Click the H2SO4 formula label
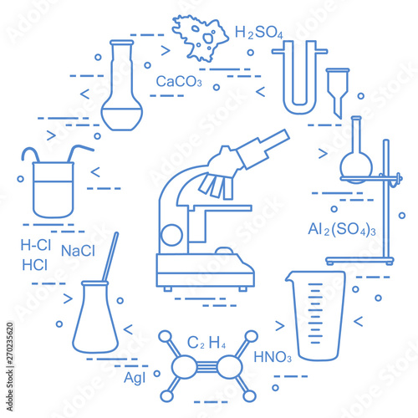[259, 33]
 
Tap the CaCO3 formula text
[179, 81]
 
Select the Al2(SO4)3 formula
[342, 230]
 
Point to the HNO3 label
[273, 357]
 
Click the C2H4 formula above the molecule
[206, 343]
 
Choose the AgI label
[135, 378]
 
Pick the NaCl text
[78, 251]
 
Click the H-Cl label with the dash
[36, 245]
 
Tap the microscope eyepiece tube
[263, 149]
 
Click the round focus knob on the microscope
[172, 235]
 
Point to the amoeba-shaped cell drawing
[200, 38]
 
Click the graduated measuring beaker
[316, 315]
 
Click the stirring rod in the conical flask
[110, 257]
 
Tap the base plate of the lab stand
[359, 261]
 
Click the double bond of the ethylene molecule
[206, 365]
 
